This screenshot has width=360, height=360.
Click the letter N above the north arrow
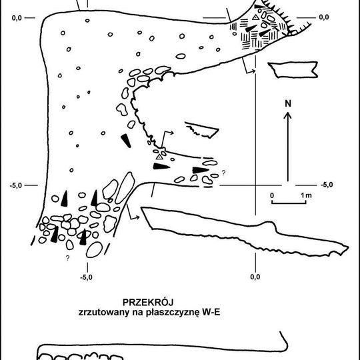(288, 104)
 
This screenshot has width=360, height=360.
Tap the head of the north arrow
(288, 115)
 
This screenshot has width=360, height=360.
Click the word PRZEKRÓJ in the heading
(148, 303)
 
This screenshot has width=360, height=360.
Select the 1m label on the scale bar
(306, 195)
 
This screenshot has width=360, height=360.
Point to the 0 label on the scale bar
(272, 195)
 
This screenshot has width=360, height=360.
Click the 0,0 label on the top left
(17, 18)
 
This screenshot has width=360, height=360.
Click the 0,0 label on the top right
(324, 17)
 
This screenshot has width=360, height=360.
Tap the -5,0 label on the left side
(16, 185)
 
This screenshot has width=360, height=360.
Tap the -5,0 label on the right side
(327, 185)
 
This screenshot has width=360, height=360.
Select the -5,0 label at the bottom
(86, 277)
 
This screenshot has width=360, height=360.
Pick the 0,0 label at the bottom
(255, 277)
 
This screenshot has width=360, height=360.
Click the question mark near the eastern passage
(223, 173)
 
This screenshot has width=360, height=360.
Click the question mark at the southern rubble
(67, 258)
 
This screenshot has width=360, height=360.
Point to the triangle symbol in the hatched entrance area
(255, 17)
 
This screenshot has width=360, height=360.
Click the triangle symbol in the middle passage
(159, 157)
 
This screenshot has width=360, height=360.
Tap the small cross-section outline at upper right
(293, 69)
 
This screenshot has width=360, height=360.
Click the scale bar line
(289, 203)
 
